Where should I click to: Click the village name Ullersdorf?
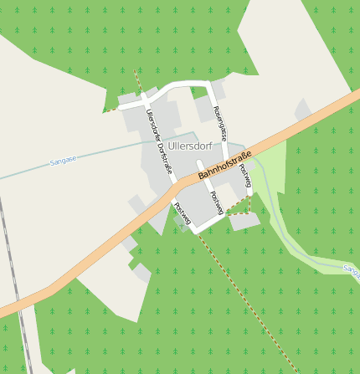[x=190, y=146]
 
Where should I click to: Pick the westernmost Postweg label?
[x=183, y=213]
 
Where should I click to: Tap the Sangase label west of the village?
[x=63, y=160]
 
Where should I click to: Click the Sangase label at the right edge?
[x=352, y=269]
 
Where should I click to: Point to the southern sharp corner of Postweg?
[x=198, y=233]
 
